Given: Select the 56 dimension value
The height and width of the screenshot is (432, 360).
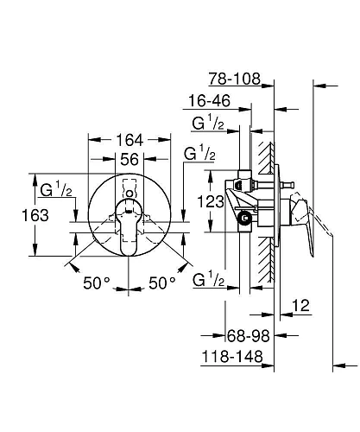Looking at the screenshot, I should [x=129, y=160].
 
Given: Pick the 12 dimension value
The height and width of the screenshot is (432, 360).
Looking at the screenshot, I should [x=301, y=306].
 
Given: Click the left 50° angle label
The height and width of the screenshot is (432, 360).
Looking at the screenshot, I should [x=96, y=283].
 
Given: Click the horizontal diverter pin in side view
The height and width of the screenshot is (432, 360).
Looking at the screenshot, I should [x=289, y=184].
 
